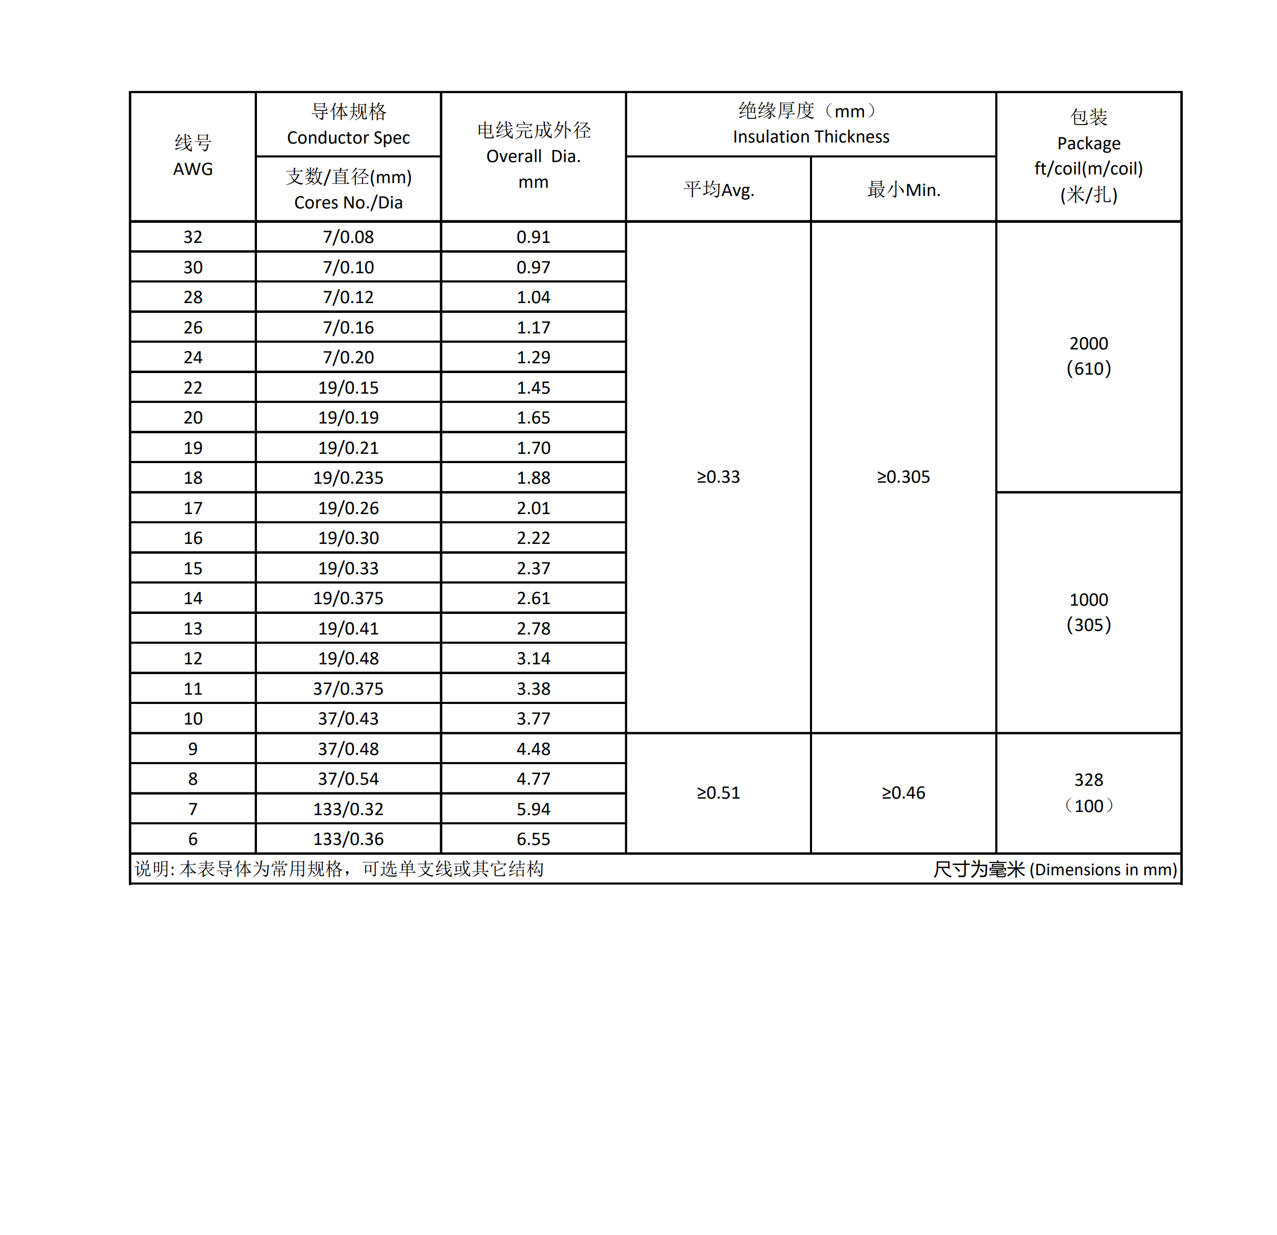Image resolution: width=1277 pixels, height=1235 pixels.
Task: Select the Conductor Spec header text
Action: pos(349,137)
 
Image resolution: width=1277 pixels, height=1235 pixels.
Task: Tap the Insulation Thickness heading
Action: pos(810,137)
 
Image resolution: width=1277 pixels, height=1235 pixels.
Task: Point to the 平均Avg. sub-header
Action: pos(719,189)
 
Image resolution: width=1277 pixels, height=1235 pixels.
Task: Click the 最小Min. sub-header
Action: pos(904,189)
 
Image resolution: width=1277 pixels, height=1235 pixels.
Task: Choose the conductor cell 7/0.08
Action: pos(349,237)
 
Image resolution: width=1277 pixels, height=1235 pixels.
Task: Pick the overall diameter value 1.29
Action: pos(533,358)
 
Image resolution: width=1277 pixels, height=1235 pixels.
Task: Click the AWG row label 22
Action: pos(193,387)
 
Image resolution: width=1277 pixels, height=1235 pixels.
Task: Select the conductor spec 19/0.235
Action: pos(349,478)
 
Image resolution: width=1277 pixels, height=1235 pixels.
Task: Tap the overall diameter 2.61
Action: pos(533,598)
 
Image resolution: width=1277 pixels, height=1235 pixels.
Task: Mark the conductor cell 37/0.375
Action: pos(349,689)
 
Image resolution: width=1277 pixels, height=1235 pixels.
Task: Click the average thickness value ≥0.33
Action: pos(719,477)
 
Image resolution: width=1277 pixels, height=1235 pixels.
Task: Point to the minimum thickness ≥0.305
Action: pos(904,477)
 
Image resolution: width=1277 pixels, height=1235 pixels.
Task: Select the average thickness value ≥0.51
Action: pos(719,793)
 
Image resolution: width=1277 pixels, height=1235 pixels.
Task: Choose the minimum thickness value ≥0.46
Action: pos(904,793)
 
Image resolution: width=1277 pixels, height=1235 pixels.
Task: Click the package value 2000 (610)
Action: pos(1089,356)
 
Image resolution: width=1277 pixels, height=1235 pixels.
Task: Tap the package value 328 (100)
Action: pos(1089,793)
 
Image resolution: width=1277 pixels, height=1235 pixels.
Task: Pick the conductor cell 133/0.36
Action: pos(349,839)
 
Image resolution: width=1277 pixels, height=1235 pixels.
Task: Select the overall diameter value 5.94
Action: pos(533,809)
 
